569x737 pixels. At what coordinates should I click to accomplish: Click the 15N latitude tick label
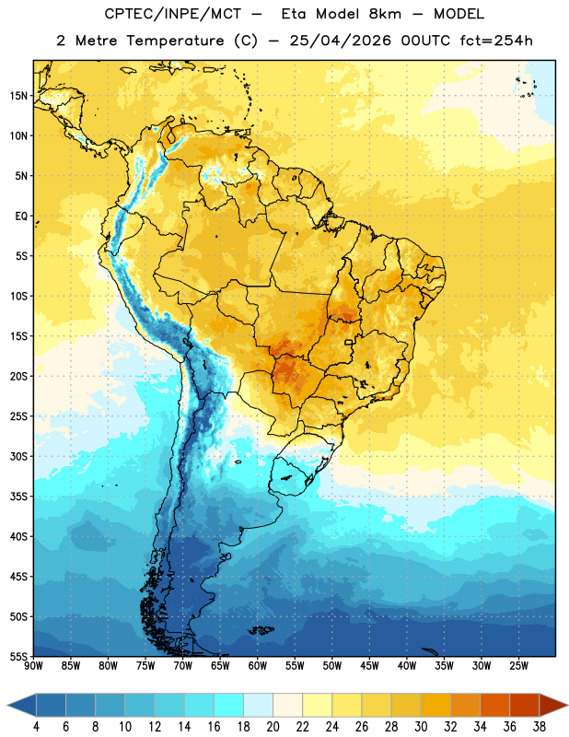18,96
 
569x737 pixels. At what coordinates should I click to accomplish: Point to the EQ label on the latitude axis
21,216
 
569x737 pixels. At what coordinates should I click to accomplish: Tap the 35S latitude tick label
18,497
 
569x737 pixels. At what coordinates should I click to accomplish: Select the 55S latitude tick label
18,656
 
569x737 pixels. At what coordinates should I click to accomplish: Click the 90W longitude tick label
33,666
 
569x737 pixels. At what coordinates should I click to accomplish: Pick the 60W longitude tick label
258,666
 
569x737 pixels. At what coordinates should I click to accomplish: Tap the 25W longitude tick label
518,666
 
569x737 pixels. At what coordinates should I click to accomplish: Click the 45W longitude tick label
369,666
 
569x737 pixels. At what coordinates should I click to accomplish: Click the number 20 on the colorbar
273,727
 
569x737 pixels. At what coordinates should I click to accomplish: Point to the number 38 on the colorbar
540,727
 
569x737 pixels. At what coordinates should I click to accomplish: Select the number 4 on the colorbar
36,727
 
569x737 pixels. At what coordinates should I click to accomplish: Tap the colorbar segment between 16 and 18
229,705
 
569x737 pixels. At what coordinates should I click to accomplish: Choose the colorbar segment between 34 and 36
495,705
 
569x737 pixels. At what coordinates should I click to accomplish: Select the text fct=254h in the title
496,41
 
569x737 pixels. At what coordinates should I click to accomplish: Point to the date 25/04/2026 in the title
340,41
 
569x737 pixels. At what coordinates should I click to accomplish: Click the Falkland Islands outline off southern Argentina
261,630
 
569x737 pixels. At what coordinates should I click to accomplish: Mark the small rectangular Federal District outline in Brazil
349,342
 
